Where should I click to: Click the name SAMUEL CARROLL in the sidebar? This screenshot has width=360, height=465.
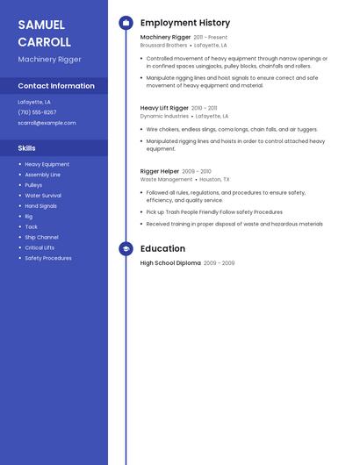pyautogui.click(x=44, y=33)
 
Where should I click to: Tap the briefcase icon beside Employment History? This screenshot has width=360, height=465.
pyautogui.click(x=126, y=23)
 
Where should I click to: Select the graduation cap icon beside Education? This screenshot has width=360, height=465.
pyautogui.click(x=126, y=249)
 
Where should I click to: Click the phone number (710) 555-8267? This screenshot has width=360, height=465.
pyautogui.click(x=37, y=112)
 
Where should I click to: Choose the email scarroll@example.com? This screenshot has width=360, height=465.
pyautogui.click(x=47, y=123)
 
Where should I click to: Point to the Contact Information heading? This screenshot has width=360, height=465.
pyautogui.click(x=56, y=86)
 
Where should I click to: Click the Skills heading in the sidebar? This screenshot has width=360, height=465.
pyautogui.click(x=27, y=148)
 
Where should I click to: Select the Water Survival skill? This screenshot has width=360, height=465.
pyautogui.click(x=43, y=196)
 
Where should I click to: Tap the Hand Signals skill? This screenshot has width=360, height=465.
pyautogui.click(x=41, y=206)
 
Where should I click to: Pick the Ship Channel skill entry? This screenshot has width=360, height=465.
pyautogui.click(x=41, y=237)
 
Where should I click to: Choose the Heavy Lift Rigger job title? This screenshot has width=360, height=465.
pyautogui.click(x=164, y=108)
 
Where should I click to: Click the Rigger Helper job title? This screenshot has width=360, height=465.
pyautogui.click(x=160, y=171)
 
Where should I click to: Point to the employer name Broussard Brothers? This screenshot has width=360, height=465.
pyautogui.click(x=163, y=45)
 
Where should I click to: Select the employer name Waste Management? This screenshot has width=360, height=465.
pyautogui.click(x=166, y=179)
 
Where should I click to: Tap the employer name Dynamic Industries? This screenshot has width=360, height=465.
pyautogui.click(x=164, y=116)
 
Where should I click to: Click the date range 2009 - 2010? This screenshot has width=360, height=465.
pyautogui.click(x=197, y=171)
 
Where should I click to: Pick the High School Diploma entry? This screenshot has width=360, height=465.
pyautogui.click(x=170, y=263)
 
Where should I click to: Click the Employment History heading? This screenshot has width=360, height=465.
pyautogui.click(x=185, y=23)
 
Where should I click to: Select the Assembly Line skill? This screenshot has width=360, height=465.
pyautogui.click(x=43, y=175)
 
